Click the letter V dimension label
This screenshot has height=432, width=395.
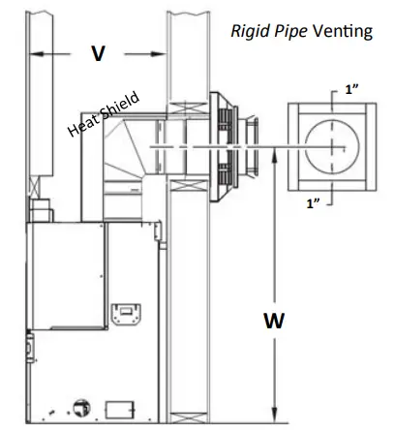pyautogui.click(x=98, y=53)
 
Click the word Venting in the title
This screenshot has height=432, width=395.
pyautogui.click(x=342, y=32)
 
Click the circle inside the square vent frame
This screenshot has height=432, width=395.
pyautogui.click(x=335, y=146)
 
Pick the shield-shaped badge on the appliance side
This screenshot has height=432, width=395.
pyautogui.click(x=124, y=314)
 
